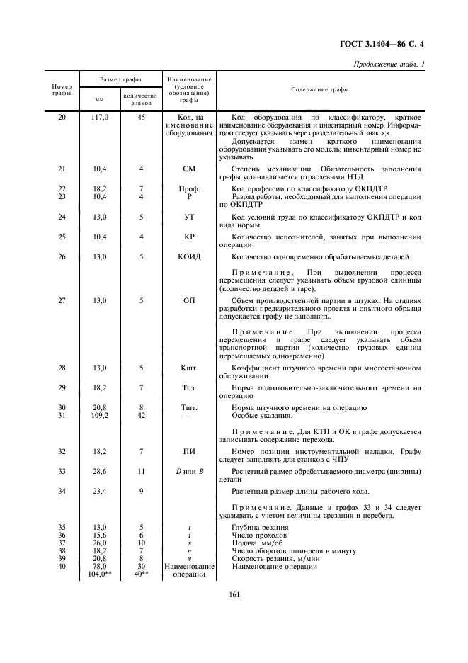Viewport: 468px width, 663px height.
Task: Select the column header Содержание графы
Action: (x=319, y=89)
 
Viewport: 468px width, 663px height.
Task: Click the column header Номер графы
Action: (x=62, y=89)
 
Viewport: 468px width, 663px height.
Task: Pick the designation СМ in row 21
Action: (x=188, y=169)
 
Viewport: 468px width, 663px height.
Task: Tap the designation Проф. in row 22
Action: (x=188, y=188)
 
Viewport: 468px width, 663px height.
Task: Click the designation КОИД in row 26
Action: (x=188, y=256)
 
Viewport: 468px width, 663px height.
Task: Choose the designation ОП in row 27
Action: (x=188, y=301)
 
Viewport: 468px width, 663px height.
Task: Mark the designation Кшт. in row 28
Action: (x=188, y=368)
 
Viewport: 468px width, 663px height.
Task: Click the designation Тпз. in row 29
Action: (x=188, y=387)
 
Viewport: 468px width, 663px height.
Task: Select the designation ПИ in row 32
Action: (x=188, y=451)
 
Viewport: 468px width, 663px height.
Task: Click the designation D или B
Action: (x=188, y=471)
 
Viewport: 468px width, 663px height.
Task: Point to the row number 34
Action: (x=62, y=491)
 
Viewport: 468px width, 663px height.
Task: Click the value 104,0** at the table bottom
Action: (x=98, y=574)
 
